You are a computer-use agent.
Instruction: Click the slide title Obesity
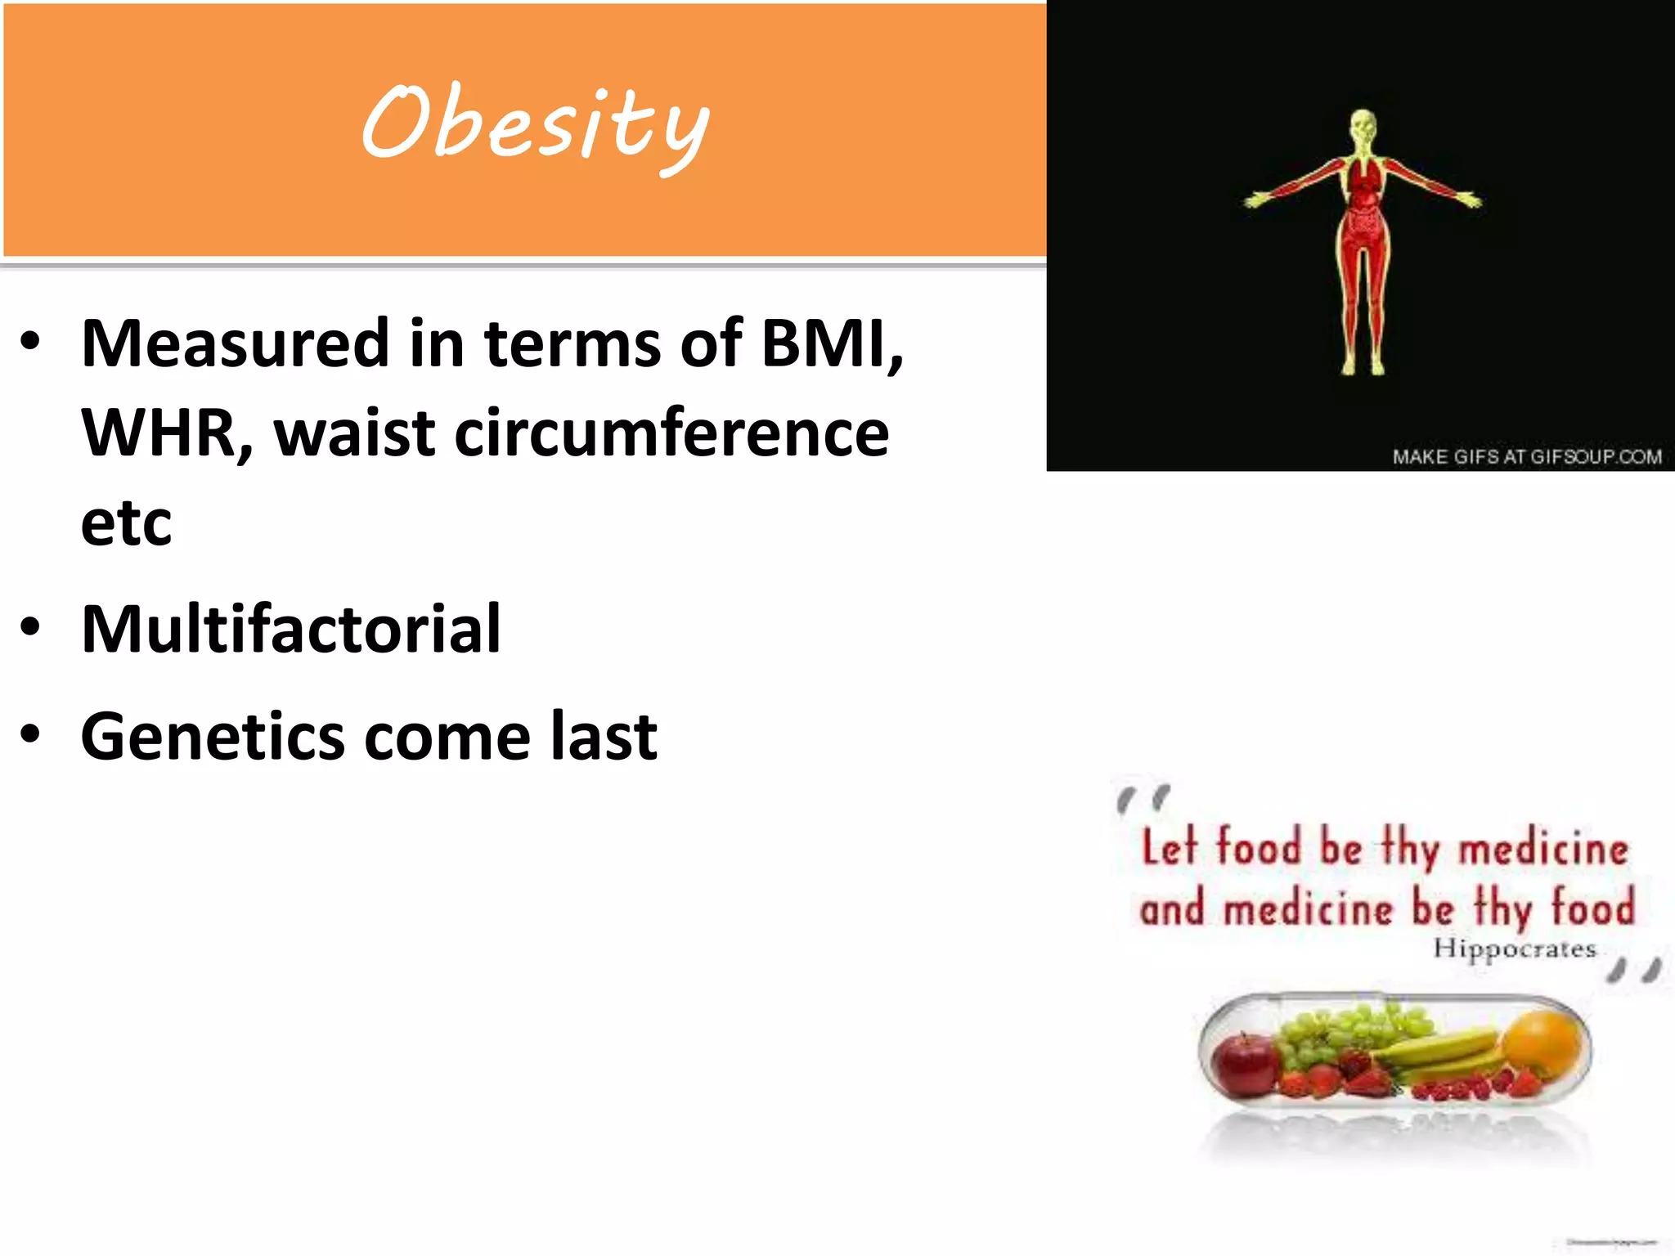click(536, 124)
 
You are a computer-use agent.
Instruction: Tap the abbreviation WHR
click(164, 433)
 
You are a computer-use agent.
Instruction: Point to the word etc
click(127, 523)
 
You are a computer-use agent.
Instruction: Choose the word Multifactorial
click(291, 630)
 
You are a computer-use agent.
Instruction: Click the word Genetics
click(213, 737)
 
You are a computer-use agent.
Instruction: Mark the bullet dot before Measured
click(30, 342)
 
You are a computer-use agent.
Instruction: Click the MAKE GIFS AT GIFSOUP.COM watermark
click(1526, 456)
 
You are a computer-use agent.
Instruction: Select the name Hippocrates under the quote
click(1514, 949)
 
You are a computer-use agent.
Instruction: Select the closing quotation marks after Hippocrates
click(1634, 971)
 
